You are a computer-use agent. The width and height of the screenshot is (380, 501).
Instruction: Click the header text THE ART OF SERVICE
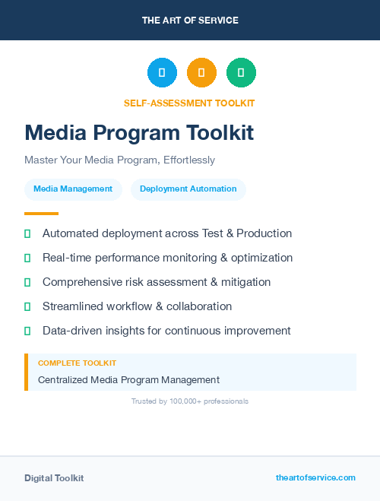(x=190, y=21)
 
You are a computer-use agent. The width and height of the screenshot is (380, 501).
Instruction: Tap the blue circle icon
(x=162, y=73)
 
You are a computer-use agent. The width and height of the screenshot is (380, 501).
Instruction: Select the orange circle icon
(x=201, y=73)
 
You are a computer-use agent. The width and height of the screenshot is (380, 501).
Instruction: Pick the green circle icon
(x=241, y=73)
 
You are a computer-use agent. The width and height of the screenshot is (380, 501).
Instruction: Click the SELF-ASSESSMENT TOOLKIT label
(x=189, y=103)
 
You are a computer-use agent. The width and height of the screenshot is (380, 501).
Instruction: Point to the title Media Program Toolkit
(x=139, y=133)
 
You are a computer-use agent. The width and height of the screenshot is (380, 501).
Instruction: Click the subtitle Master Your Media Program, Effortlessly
(x=119, y=160)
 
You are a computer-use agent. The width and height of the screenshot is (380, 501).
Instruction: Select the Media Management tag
(x=73, y=189)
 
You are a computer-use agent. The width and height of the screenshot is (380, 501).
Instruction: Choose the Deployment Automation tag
(x=188, y=189)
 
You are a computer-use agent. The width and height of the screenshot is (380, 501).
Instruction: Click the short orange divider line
(x=41, y=214)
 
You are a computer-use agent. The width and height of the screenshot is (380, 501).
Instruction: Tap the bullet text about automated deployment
(x=167, y=233)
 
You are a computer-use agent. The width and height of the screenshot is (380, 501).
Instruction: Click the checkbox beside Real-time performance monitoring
(x=27, y=258)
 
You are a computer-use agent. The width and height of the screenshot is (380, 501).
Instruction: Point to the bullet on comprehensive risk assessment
(x=157, y=282)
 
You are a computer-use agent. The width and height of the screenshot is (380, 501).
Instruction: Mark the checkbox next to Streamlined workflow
(x=27, y=306)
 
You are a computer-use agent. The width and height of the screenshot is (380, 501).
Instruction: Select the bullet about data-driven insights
(x=166, y=331)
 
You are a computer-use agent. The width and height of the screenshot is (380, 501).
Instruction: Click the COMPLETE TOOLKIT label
(x=77, y=363)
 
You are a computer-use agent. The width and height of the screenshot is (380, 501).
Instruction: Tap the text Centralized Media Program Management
(x=128, y=379)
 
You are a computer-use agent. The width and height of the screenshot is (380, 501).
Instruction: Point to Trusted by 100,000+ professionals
(x=190, y=401)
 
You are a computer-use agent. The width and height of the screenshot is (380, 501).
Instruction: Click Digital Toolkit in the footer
(x=54, y=478)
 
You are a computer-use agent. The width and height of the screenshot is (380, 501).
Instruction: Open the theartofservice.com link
(x=315, y=477)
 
